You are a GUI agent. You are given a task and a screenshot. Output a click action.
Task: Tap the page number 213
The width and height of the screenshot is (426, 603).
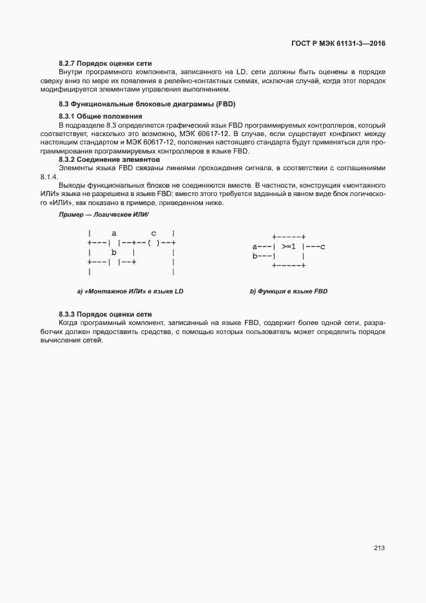tap(379, 548)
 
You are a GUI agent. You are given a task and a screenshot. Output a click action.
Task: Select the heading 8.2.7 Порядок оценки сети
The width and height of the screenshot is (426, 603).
tap(105, 64)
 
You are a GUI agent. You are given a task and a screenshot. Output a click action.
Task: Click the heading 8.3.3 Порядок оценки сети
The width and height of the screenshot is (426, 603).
tap(105, 313)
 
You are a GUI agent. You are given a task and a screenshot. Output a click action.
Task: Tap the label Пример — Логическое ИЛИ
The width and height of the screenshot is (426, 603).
tap(104, 213)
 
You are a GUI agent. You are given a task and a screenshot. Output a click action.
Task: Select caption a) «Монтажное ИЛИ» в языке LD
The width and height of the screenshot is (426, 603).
tap(130, 292)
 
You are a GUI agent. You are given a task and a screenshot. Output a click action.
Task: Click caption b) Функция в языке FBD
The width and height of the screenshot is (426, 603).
tap(289, 292)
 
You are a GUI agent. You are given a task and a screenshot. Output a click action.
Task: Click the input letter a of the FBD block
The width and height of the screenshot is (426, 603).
tap(255, 246)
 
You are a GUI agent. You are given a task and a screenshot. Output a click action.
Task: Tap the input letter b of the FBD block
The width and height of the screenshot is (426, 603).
tap(255, 256)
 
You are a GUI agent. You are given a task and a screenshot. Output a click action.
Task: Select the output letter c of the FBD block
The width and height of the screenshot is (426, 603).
tap(322, 246)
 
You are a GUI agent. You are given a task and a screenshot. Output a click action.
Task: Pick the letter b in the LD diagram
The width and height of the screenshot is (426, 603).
tap(114, 252)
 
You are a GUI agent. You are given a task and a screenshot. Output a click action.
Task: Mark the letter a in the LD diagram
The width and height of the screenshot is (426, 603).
tap(114, 233)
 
